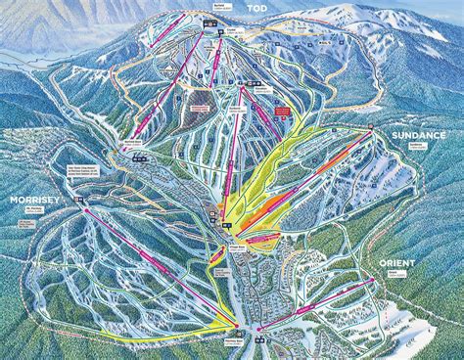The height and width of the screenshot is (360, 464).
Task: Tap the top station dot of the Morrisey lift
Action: click(87, 208)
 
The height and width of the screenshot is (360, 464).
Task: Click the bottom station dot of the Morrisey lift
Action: click(239, 326)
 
